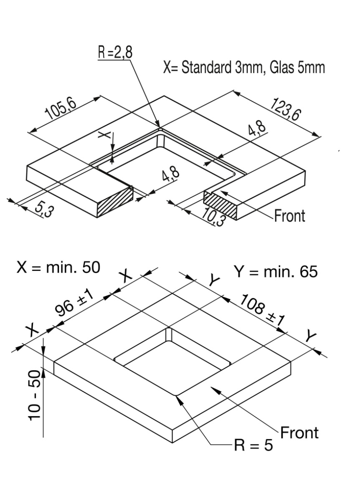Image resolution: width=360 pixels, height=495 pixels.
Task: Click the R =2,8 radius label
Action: (114, 53)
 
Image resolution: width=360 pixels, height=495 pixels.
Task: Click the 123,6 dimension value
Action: (285, 110)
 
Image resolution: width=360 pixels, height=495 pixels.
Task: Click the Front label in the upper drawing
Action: (289, 216)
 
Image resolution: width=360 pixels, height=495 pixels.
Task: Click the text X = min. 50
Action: (58, 268)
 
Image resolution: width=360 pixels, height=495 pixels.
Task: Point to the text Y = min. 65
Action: (275, 272)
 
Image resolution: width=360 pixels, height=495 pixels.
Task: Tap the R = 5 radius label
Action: (253, 445)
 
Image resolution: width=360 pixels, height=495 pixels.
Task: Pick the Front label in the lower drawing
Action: (299, 432)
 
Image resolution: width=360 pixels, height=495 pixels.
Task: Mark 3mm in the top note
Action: (249, 68)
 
